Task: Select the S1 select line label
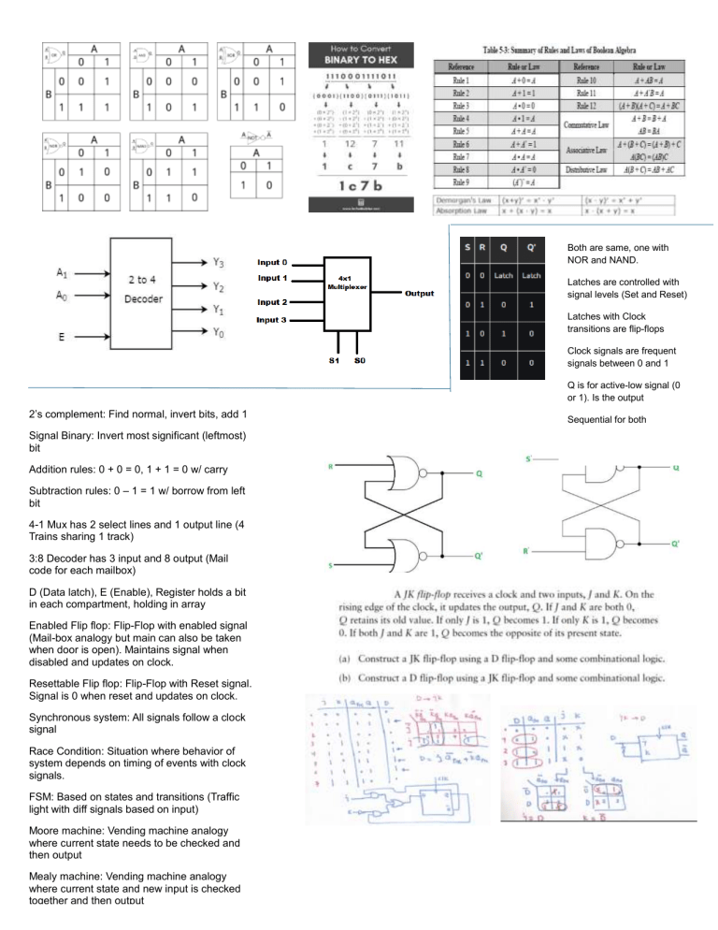[322, 358]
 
